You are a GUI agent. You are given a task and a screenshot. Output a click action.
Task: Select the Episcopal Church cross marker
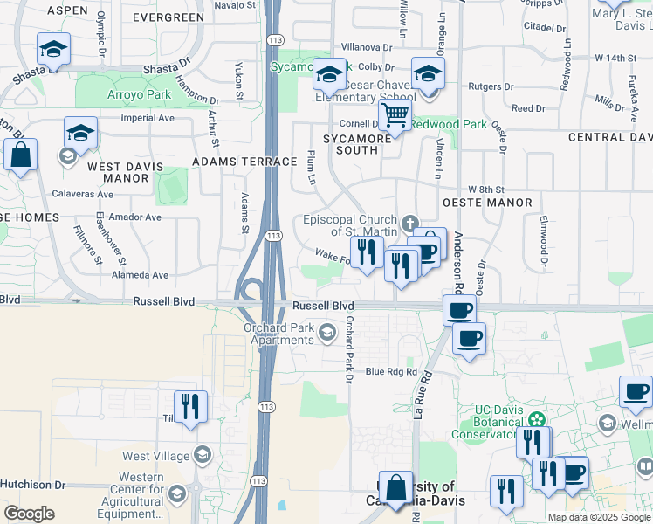pyautogui.click(x=409, y=224)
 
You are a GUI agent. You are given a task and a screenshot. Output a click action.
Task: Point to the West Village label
pyautogui.click(x=155, y=456)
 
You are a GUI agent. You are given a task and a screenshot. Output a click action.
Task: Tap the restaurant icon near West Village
pyautogui.click(x=189, y=405)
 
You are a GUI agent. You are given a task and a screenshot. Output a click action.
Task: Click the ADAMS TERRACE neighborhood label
pyautogui.click(x=244, y=162)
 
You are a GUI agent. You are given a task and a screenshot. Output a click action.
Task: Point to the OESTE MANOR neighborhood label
pyautogui.click(x=487, y=203)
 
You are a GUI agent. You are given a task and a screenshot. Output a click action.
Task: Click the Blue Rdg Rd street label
pyautogui.click(x=391, y=372)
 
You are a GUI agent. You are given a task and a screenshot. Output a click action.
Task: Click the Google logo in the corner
pyautogui.click(x=29, y=514)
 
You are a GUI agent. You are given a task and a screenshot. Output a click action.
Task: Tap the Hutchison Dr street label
pyautogui.click(x=32, y=484)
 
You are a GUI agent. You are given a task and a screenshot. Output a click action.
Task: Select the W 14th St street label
pyautogui.click(x=616, y=58)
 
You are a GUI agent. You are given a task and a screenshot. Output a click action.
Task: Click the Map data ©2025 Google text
pyautogui.click(x=598, y=517)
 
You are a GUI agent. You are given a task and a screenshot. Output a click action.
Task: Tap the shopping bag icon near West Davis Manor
pyautogui.click(x=20, y=156)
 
